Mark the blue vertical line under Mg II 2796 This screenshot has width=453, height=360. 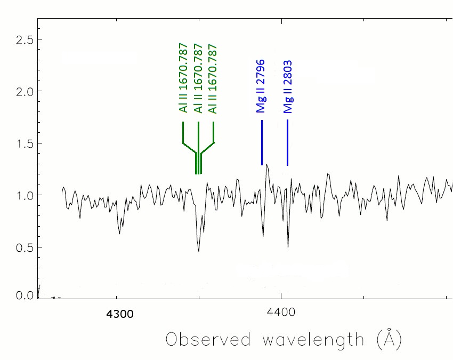[262, 143]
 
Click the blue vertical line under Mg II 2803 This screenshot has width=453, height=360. [287, 143]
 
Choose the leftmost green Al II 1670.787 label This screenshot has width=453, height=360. [183, 78]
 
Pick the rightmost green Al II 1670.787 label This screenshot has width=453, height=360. [213, 78]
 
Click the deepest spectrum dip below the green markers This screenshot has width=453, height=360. [199, 251]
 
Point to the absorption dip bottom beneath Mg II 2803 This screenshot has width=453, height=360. [288, 247]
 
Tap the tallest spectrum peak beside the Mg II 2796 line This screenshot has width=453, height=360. [266, 165]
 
